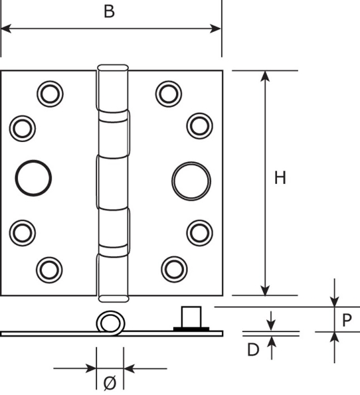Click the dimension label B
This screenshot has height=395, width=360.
[110, 11]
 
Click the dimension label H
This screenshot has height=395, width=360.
[280, 178]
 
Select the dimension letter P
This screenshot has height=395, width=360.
[347, 320]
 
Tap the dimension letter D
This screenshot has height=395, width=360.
[253, 350]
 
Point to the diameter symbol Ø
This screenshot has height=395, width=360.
[110, 382]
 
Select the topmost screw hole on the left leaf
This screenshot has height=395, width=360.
[48, 94]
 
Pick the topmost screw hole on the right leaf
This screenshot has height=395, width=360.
[168, 94]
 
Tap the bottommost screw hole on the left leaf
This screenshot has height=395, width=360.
[48, 268]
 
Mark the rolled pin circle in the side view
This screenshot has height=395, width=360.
[110, 323]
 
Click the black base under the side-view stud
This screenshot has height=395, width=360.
[191, 328]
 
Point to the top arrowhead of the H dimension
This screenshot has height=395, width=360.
[265, 75]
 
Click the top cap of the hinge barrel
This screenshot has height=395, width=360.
[112, 68]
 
